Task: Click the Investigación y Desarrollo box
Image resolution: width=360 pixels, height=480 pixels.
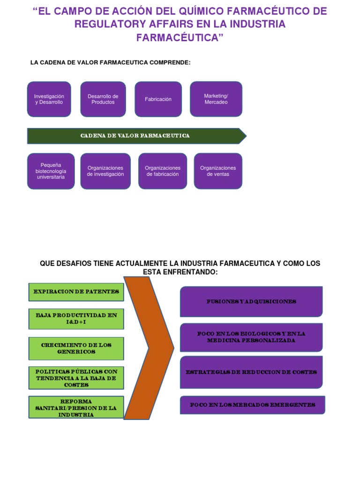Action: coord(49,99)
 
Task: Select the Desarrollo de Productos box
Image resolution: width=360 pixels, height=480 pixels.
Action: coord(103,99)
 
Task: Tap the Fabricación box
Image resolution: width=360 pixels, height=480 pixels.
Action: coord(158,99)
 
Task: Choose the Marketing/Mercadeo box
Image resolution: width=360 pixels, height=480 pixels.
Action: coord(216,99)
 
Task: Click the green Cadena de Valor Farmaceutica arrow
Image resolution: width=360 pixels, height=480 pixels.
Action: coord(136,136)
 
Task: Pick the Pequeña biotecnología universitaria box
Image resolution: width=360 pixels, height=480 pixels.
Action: coord(51,171)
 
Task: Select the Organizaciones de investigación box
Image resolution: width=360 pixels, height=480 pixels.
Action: coord(105,171)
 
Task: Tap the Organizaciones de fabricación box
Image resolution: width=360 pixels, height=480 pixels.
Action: coord(163,171)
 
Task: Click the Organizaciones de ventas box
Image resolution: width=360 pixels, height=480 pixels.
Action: coord(218,171)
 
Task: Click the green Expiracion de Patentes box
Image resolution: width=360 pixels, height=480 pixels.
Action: coord(76,292)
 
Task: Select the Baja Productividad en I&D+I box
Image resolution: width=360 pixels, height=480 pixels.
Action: coord(76,319)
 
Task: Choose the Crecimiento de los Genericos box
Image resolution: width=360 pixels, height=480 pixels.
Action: coord(76,349)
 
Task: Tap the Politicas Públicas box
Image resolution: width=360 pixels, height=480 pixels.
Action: coord(76,378)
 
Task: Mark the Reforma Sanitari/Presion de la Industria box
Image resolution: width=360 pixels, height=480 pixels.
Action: coord(76,407)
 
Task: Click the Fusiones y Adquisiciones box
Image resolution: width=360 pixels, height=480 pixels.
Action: coord(251,301)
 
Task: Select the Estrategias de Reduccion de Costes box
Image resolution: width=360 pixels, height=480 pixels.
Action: coord(251,372)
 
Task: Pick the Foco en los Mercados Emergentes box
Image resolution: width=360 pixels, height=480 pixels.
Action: coord(253,405)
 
